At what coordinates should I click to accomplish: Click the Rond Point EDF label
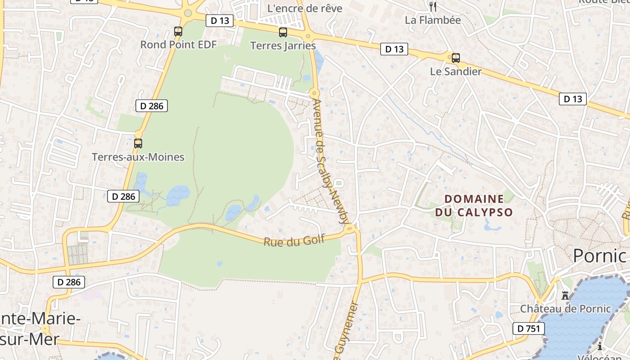coord(178,45)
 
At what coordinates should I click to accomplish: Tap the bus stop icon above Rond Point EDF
coord(178,31)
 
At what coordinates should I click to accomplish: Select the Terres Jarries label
coord(283,45)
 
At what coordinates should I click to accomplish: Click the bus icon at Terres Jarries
coord(283,32)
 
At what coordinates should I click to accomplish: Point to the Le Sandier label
coord(455,71)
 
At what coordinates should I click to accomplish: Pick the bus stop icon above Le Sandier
coord(455,58)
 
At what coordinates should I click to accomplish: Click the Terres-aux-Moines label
coord(138,157)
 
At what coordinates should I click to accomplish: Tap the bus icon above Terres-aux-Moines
coord(138,144)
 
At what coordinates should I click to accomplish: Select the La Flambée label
coord(432,20)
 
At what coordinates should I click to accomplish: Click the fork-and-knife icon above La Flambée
coord(433,6)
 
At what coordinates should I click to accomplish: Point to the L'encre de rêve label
coord(305,8)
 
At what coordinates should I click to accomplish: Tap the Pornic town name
coord(599,256)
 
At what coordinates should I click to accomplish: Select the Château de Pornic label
coord(566,309)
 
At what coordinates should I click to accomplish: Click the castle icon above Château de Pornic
coord(565,296)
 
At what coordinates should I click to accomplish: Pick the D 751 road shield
coord(528,328)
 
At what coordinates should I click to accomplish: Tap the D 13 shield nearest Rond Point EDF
coord(220,20)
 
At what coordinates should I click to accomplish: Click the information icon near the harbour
coord(600,346)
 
